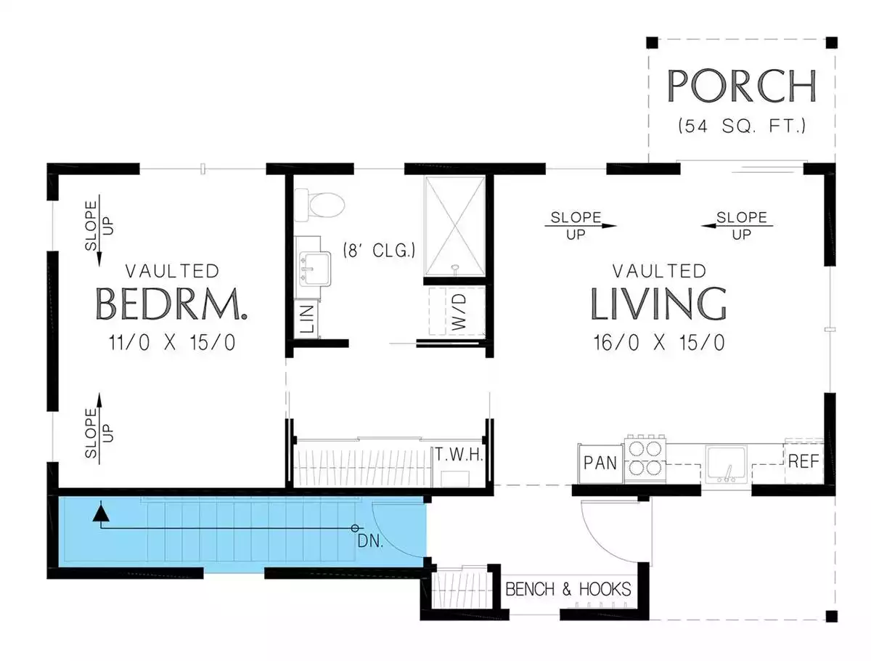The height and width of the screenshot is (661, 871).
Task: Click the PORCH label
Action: pyautogui.click(x=740, y=86)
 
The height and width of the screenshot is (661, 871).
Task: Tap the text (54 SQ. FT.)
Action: pyautogui.click(x=741, y=126)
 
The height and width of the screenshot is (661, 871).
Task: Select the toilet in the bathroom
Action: pyautogui.click(x=319, y=205)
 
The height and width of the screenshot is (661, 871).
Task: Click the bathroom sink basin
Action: pyautogui.click(x=315, y=268)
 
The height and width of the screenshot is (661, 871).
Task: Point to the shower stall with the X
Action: pyautogui.click(x=455, y=225)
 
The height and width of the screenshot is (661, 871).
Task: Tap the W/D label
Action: pyautogui.click(x=459, y=312)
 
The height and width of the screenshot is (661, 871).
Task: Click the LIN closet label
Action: pyautogui.click(x=307, y=318)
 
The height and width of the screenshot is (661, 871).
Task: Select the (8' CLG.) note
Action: pyautogui.click(x=379, y=250)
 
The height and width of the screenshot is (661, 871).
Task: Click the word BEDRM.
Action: pyautogui.click(x=171, y=304)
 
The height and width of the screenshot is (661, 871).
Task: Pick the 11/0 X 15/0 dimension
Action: pyautogui.click(x=172, y=342)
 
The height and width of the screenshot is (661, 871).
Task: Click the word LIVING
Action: pyautogui.click(x=658, y=304)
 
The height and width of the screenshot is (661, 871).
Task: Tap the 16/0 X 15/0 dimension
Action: pyautogui.click(x=659, y=342)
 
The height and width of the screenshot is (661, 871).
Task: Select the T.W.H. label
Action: pyautogui.click(x=459, y=454)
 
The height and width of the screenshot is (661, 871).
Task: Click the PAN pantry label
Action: pyautogui.click(x=600, y=463)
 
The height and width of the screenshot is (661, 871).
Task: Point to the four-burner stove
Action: pyautogui.click(x=645, y=458)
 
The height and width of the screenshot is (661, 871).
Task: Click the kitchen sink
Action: pyautogui.click(x=726, y=464)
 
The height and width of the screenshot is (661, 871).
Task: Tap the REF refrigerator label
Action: pyautogui.click(x=803, y=461)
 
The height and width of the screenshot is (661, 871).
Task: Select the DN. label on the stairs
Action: pyautogui.click(x=370, y=541)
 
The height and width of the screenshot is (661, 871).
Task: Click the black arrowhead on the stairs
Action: pyautogui.click(x=101, y=513)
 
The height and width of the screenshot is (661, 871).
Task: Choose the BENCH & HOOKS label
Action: pyautogui.click(x=568, y=589)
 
